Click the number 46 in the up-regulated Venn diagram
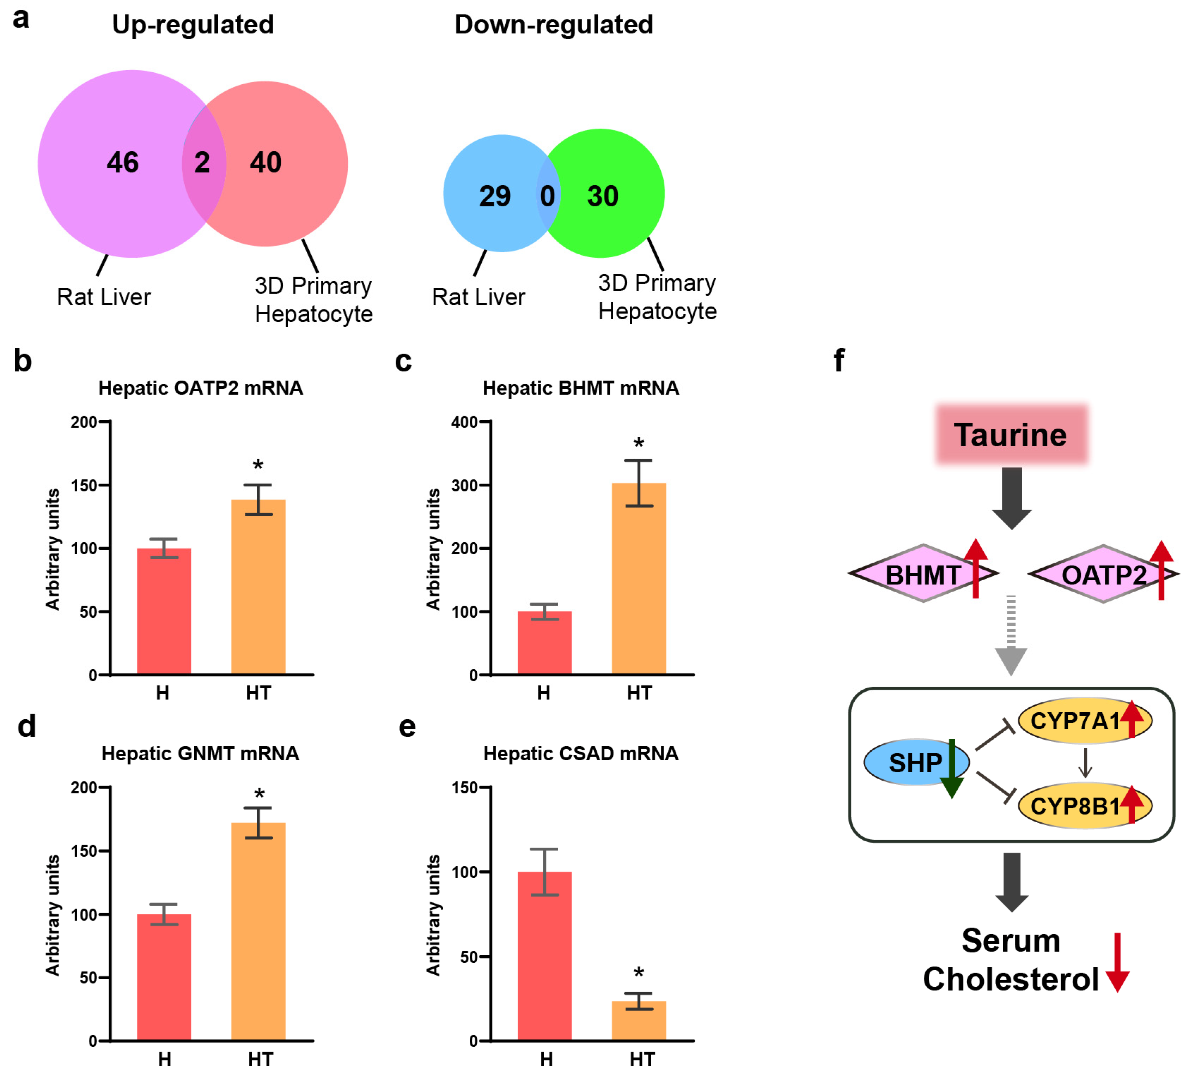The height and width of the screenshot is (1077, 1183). pyautogui.click(x=123, y=163)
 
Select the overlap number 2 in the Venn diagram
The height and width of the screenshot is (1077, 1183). pyautogui.click(x=202, y=163)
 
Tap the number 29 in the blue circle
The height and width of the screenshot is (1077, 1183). pyautogui.click(x=495, y=196)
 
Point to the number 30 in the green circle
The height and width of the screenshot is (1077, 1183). pyautogui.click(x=603, y=196)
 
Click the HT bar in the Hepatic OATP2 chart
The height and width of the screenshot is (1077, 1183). pyautogui.click(x=258, y=587)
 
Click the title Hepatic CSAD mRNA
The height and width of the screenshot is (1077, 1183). pyautogui.click(x=580, y=754)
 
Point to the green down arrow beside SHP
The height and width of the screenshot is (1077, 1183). pyautogui.click(x=952, y=769)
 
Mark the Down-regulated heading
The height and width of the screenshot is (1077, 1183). pyautogui.click(x=553, y=25)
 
